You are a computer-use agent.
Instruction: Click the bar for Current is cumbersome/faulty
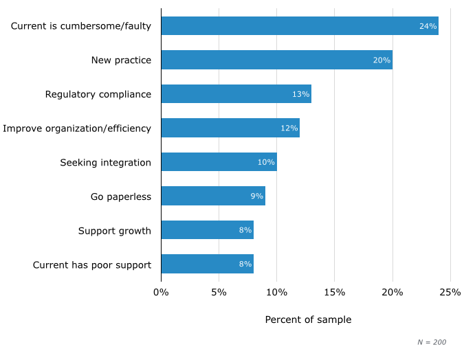click(x=300, y=26)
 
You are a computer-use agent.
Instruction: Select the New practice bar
click(x=276, y=60)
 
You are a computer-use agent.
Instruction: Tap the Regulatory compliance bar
click(x=236, y=94)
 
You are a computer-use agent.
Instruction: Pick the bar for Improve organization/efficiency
click(x=230, y=128)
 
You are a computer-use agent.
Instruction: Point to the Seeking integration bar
click(x=219, y=162)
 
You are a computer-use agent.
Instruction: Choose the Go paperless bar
click(x=213, y=196)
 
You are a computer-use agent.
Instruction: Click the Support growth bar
click(x=207, y=230)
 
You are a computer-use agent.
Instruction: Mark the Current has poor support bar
click(x=207, y=264)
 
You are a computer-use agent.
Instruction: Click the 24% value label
click(x=428, y=26)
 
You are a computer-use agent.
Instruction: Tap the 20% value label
click(x=382, y=60)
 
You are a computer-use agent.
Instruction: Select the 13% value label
click(x=300, y=94)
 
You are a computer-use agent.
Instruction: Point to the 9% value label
click(x=256, y=196)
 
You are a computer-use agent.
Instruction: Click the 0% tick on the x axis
click(x=161, y=293)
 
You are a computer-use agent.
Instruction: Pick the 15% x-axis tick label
click(x=334, y=293)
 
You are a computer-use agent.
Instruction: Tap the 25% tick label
click(x=450, y=293)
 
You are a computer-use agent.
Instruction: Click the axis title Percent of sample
click(x=308, y=319)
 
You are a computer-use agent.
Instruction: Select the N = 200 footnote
click(x=432, y=342)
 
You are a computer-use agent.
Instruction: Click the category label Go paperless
click(x=121, y=196)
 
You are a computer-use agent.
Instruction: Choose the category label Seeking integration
click(x=105, y=162)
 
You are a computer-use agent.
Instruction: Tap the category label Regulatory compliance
click(x=98, y=94)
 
